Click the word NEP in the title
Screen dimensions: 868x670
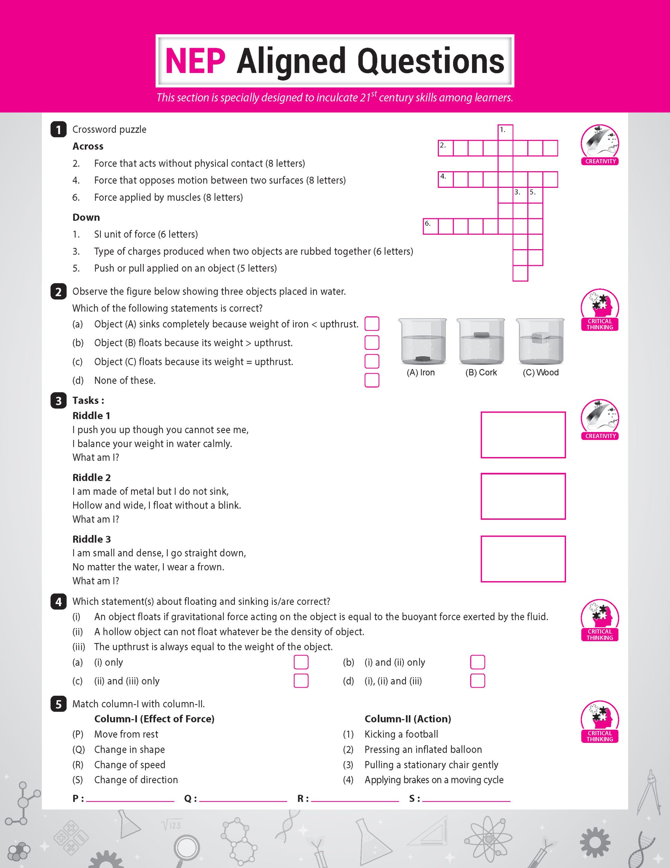pyautogui.click(x=195, y=61)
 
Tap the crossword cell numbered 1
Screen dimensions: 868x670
pyautogui.click(x=505, y=132)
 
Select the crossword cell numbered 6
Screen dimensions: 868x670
pyautogui.click(x=430, y=226)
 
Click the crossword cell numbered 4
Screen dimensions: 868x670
pyautogui.click(x=445, y=179)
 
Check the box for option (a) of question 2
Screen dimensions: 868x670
pyautogui.click(x=372, y=324)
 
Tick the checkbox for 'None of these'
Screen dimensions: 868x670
pyautogui.click(x=372, y=380)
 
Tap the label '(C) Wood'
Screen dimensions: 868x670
pyautogui.click(x=541, y=372)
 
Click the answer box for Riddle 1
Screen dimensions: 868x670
pyautogui.click(x=523, y=435)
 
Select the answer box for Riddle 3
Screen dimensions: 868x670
pyautogui.click(x=523, y=559)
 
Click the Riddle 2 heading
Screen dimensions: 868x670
pyautogui.click(x=92, y=477)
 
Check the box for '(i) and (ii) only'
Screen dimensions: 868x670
pyautogui.click(x=478, y=662)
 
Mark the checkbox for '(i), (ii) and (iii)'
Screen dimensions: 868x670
pyautogui.click(x=478, y=681)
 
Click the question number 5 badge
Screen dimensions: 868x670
pyautogui.click(x=58, y=704)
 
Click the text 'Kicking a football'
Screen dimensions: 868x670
pyautogui.click(x=401, y=734)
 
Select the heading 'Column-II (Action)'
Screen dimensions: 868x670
pyautogui.click(x=407, y=718)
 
